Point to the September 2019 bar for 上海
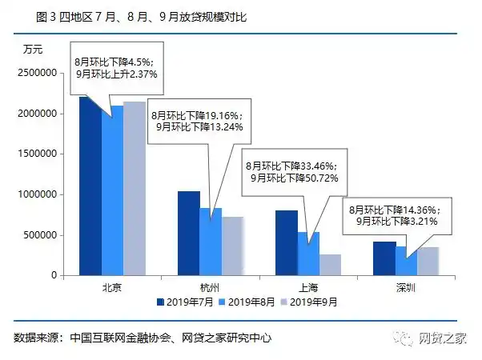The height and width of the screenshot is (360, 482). coord(331,265)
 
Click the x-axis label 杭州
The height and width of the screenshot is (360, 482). coord(211,286)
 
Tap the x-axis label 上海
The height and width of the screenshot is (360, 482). coord(309,286)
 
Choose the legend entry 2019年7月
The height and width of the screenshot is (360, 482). coord(185,302)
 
